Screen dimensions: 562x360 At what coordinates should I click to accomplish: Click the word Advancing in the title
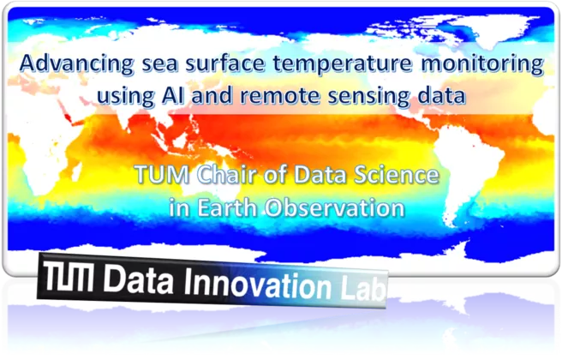[77, 64]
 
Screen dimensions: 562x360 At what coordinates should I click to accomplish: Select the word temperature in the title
[343, 64]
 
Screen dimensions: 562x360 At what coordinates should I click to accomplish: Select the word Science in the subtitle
[397, 175]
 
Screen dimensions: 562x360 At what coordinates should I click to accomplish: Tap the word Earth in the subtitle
[227, 207]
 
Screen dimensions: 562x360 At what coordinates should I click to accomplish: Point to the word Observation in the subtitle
[335, 208]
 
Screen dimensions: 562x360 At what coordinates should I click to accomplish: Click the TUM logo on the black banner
[68, 276]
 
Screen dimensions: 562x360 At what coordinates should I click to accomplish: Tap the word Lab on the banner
[363, 287]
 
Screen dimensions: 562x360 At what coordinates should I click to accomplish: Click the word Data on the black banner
[138, 279]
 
